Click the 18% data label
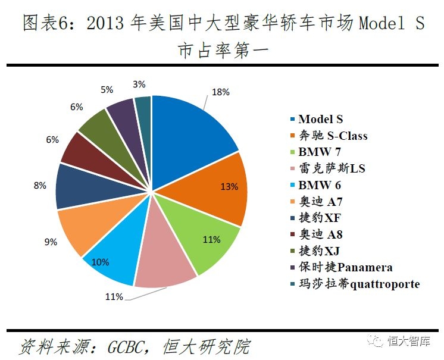(x=220, y=92)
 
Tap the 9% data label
(x=50, y=242)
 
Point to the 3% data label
(x=140, y=84)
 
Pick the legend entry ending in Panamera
(x=345, y=267)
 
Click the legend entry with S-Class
(x=333, y=136)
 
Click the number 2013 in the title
(x=107, y=24)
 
